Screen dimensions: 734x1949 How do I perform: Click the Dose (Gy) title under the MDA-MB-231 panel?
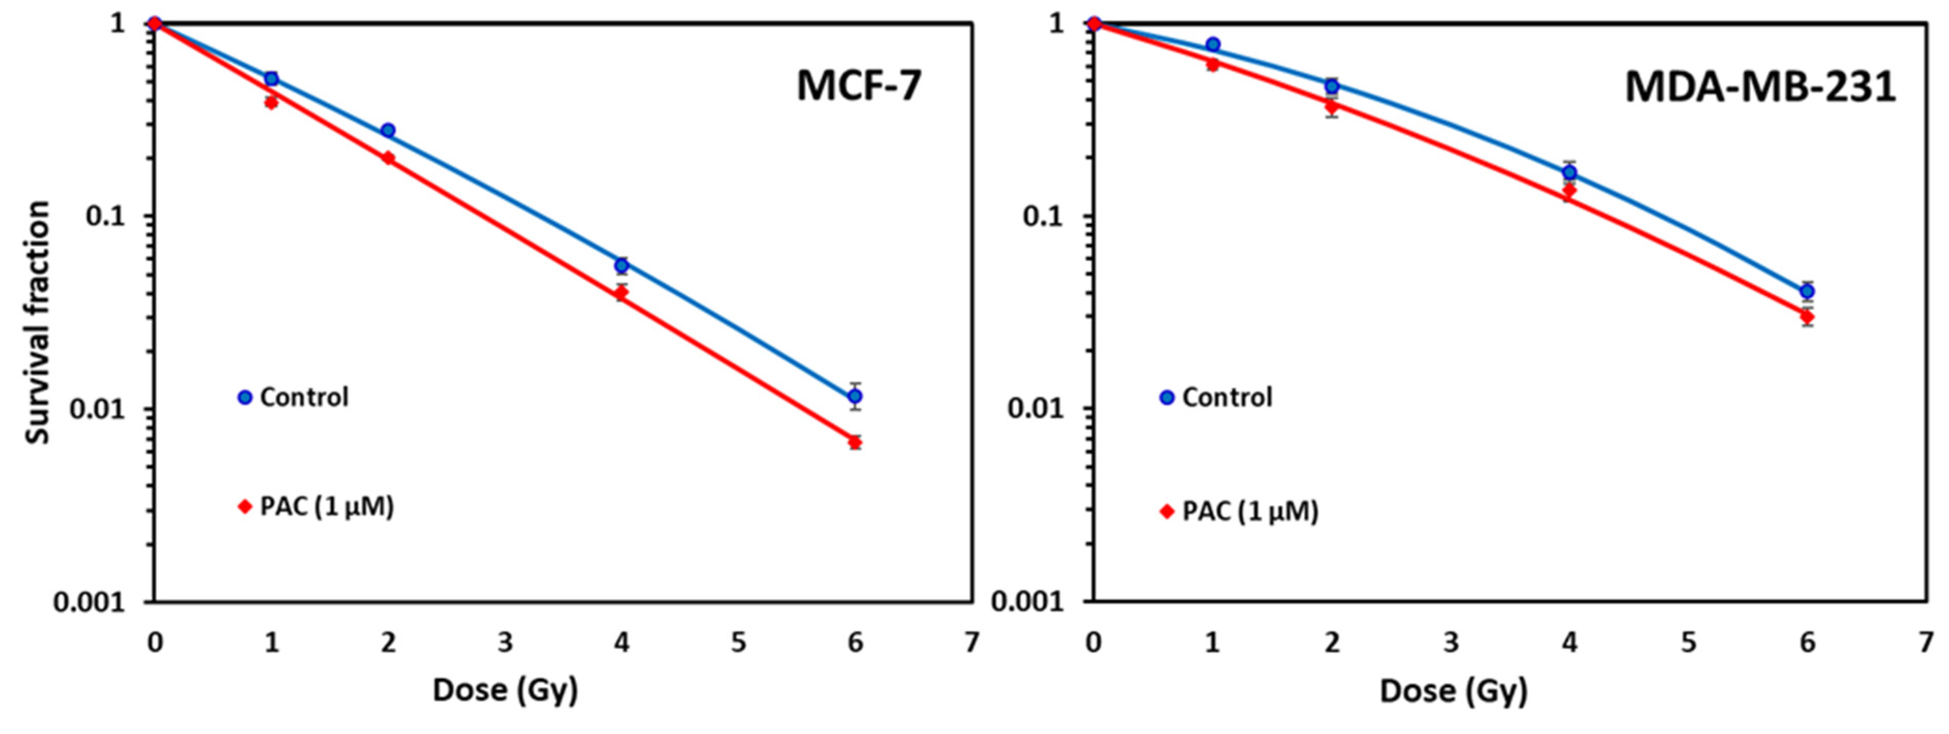point(1453,691)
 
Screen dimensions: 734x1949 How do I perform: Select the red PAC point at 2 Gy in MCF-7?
point(388,158)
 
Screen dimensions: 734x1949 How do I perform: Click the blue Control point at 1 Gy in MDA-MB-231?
point(1213,44)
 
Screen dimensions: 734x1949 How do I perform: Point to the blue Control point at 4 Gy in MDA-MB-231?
point(1569,172)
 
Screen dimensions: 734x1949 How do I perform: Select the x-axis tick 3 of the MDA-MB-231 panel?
point(1450,643)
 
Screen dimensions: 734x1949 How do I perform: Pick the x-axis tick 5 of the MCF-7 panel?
point(738,643)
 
